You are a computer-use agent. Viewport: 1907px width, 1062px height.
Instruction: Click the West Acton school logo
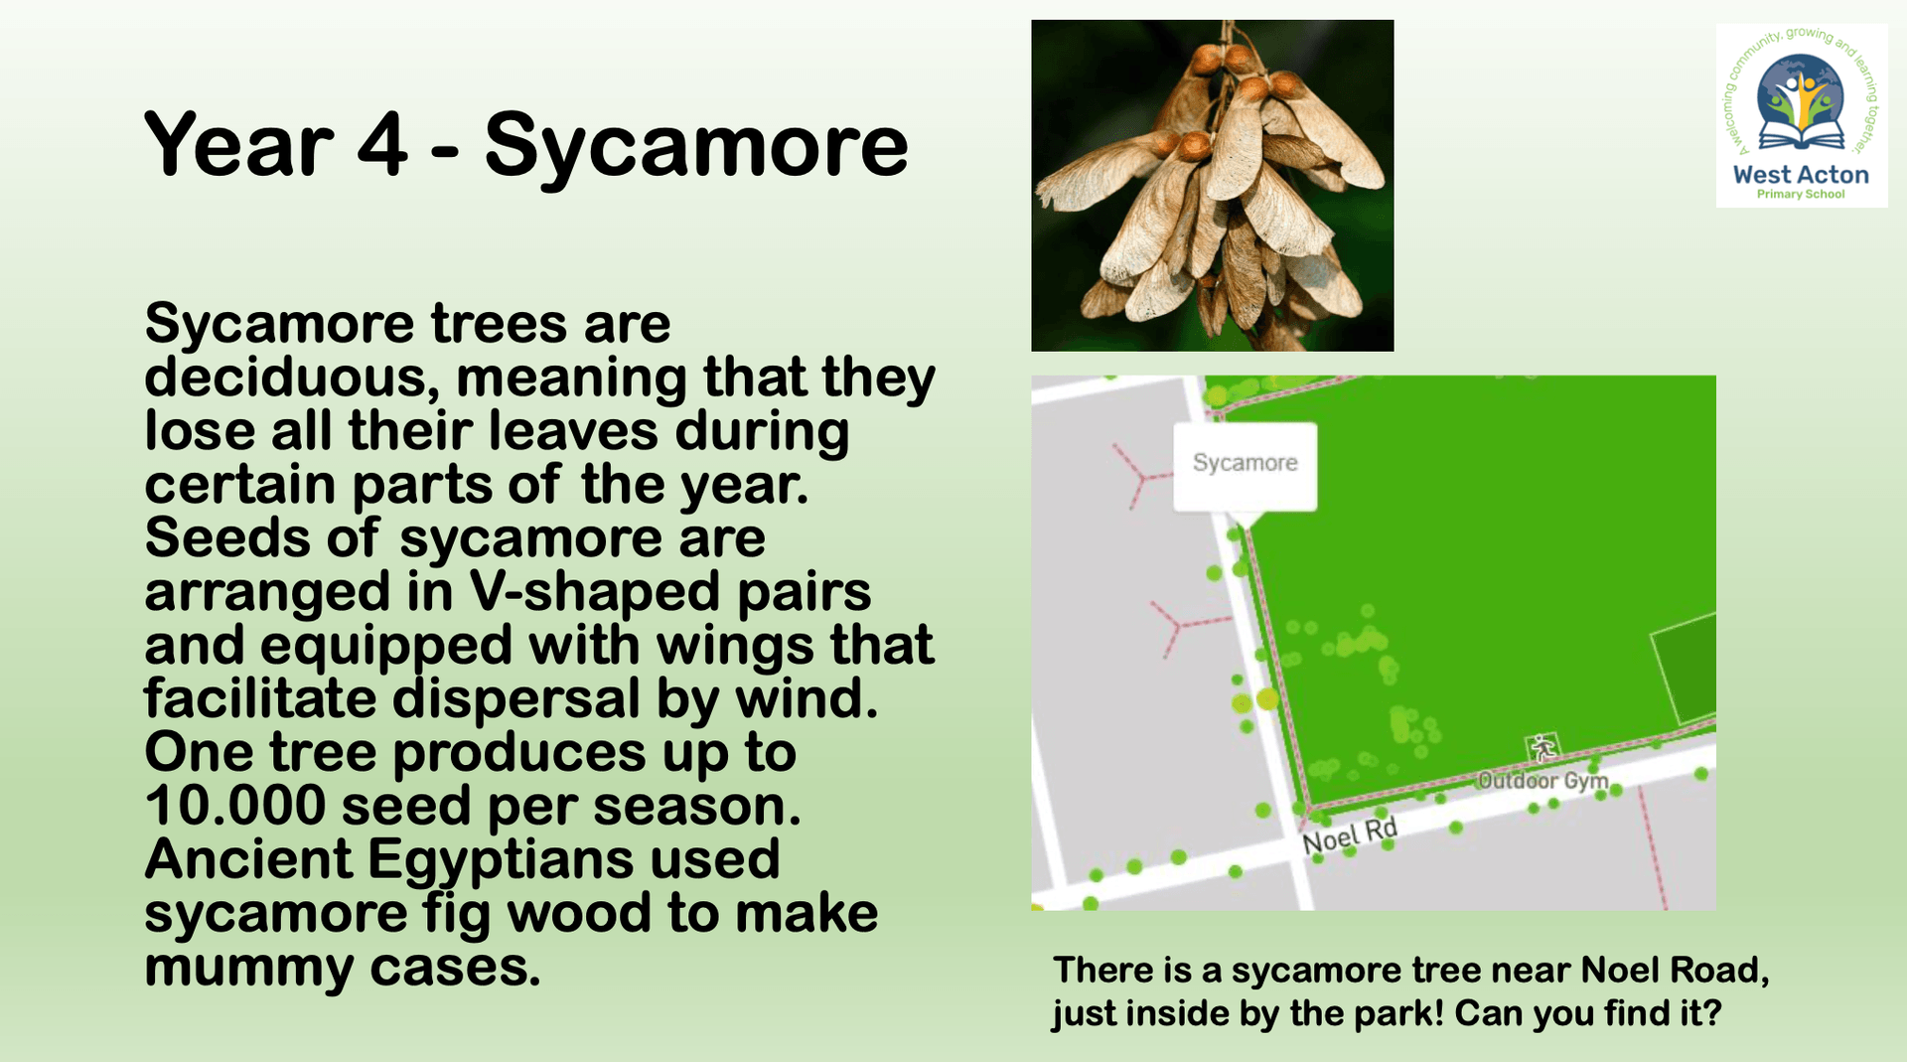tap(1802, 116)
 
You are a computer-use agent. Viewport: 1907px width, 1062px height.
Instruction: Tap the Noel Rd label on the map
tap(1350, 835)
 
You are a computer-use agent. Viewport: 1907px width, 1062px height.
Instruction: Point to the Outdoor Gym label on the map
tap(1542, 781)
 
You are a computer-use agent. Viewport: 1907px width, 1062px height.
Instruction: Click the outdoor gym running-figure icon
tap(1541, 748)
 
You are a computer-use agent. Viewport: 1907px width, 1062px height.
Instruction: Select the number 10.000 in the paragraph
tap(235, 806)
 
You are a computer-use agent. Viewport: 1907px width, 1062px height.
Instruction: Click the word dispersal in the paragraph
tap(516, 700)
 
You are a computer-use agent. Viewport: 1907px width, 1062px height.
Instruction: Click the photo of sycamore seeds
tap(1212, 186)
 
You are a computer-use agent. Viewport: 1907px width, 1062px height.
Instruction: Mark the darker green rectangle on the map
tap(1685, 669)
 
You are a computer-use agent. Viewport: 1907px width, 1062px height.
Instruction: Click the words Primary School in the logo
tap(1801, 195)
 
